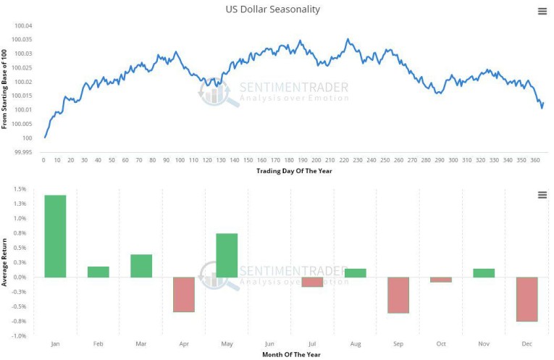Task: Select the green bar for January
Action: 55,236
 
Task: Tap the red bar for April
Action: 184,294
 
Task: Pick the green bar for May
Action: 227,255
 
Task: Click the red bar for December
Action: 526,298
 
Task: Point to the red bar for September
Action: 398,295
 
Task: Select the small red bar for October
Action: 441,279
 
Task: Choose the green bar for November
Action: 484,272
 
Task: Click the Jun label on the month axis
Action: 269,345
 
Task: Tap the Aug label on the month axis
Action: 356,345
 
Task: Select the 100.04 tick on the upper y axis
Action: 24,26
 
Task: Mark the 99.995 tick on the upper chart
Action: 22,152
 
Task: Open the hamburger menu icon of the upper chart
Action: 542,11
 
